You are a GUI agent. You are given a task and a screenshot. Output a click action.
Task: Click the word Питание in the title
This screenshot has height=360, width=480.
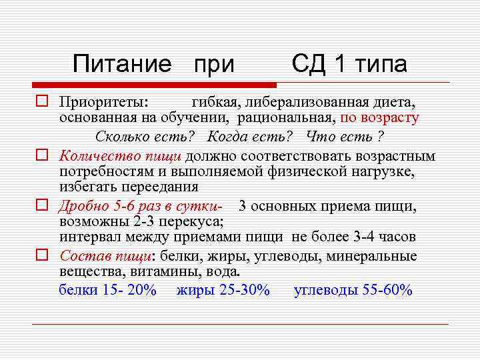click(x=122, y=64)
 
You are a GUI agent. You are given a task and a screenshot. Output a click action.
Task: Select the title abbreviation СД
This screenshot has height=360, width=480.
click(x=309, y=64)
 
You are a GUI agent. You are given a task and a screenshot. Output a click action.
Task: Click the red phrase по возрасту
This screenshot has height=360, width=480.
click(x=379, y=119)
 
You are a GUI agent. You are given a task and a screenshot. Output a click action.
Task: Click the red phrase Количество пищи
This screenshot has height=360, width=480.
click(x=120, y=157)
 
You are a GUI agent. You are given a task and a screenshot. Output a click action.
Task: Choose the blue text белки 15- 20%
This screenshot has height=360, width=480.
click(x=108, y=290)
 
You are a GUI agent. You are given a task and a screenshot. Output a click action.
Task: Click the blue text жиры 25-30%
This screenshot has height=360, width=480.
click(x=223, y=290)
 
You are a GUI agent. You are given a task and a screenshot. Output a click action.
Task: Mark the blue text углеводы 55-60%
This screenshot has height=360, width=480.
click(x=353, y=290)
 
